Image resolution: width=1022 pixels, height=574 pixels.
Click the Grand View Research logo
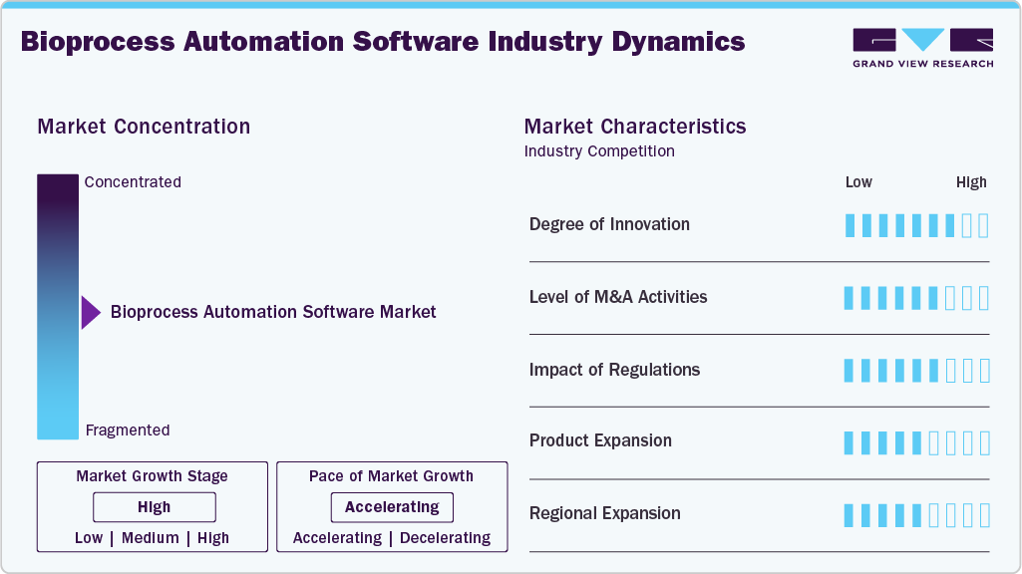pos(922,48)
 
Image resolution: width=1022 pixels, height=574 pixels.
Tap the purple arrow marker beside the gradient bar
pos(91,312)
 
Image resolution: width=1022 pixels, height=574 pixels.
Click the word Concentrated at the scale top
pos(133,182)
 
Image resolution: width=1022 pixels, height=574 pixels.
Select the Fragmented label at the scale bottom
pos(128,430)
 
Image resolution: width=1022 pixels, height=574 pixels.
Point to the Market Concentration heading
pos(144,127)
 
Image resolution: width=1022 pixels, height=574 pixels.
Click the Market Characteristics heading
pos(634,127)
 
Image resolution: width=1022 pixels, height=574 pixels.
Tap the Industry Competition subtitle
pos(599,151)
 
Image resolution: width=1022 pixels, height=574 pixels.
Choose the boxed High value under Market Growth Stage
pos(155,507)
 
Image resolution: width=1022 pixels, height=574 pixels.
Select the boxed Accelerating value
pos(392,507)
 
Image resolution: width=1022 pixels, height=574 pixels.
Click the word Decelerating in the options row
pos(445,538)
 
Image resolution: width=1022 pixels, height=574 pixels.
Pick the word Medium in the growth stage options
pos(151,538)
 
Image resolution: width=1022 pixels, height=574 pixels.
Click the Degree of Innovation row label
pos(609,224)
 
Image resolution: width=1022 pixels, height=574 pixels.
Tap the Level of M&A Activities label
pos(618,297)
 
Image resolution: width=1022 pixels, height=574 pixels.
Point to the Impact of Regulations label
pos(614,370)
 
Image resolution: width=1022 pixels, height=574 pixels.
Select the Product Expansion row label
pos(600,440)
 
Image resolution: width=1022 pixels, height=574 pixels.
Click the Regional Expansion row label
pos(604,513)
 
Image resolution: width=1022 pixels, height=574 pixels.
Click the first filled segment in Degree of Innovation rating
pos(850,225)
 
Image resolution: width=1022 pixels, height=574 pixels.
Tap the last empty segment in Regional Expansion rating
pos(984,515)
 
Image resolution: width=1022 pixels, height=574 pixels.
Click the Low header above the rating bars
pos(858,182)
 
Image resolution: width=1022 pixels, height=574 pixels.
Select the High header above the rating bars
pos(971,182)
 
